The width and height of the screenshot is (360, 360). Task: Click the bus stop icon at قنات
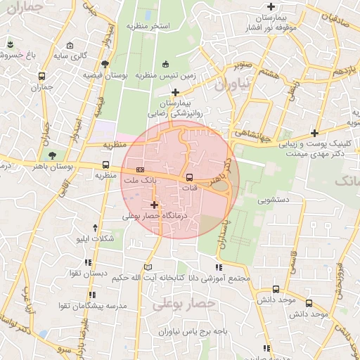tap(189, 177)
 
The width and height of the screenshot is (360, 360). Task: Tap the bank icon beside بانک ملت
tap(141, 169)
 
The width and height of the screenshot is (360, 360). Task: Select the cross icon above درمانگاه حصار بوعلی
tap(154, 205)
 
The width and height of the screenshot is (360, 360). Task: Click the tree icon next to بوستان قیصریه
tap(105, 64)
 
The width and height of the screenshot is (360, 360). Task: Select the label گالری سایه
tap(72, 55)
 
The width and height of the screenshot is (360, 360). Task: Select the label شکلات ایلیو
tap(97, 239)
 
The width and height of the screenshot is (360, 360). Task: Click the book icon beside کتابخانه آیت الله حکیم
tap(147, 267)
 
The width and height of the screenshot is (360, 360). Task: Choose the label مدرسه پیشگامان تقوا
tap(86, 307)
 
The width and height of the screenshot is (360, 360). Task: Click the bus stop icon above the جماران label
tap(42, 76)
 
